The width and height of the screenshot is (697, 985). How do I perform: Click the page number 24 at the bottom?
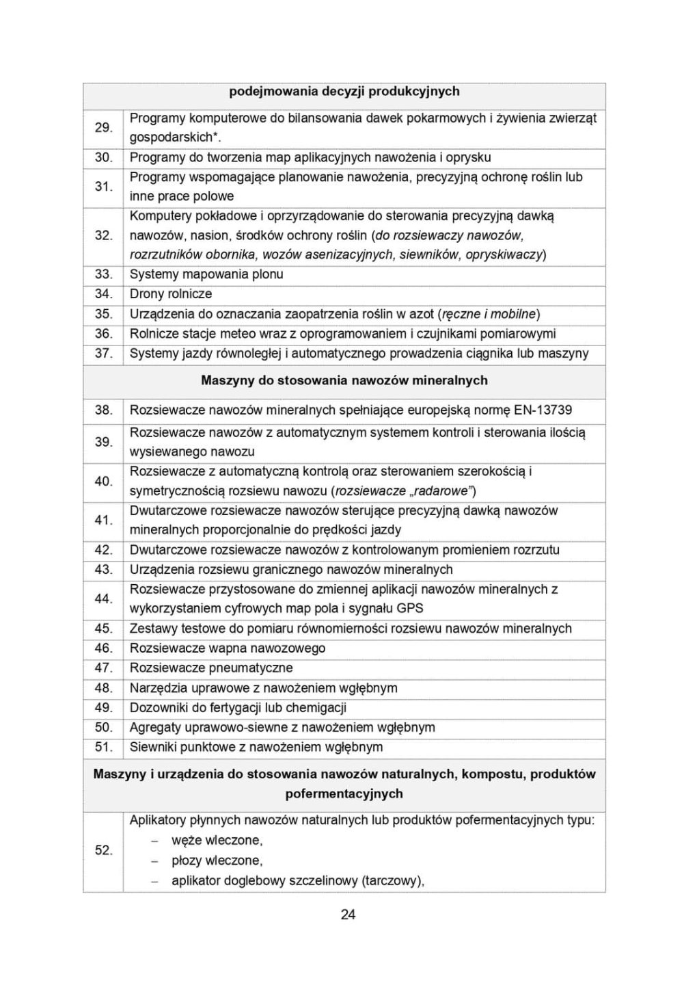click(348, 915)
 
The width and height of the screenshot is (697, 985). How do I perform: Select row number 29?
click(103, 128)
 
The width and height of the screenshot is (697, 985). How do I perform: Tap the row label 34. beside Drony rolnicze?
click(103, 294)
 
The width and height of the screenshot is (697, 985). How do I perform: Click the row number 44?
click(103, 599)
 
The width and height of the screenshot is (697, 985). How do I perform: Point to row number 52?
click(103, 850)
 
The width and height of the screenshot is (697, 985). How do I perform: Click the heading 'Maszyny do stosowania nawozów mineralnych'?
click(344, 380)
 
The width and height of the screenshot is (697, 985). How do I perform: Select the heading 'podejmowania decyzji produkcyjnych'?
click(344, 92)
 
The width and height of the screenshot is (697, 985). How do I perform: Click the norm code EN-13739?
click(543, 410)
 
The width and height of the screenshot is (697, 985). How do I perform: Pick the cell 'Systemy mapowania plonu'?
click(206, 274)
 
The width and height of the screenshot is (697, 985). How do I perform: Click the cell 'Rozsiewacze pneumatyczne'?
click(211, 668)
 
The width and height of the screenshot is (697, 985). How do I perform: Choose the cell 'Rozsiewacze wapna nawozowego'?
click(228, 648)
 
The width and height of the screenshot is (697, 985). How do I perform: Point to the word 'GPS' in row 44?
click(410, 609)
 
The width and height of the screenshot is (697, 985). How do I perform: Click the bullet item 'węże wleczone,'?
click(217, 841)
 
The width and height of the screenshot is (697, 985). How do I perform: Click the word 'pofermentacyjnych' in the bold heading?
click(344, 794)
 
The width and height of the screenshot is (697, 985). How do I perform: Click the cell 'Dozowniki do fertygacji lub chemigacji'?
click(238, 708)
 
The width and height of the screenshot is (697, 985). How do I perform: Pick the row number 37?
click(103, 354)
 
